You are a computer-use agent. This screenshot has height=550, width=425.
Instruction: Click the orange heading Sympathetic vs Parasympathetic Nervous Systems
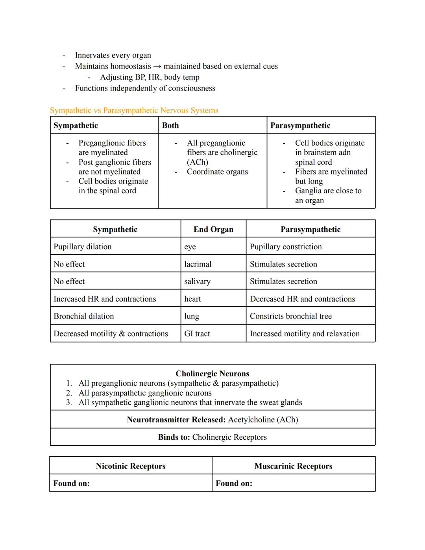pos(134,111)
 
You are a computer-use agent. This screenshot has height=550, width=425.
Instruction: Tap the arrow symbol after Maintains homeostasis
pos(157,67)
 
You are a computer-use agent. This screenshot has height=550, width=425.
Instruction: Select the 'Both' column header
pos(170,126)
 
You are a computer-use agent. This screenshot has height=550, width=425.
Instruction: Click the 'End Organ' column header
pos(213,230)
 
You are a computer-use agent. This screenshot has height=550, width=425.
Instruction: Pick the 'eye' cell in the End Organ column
pos(190,247)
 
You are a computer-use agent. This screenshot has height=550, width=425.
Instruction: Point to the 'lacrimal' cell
pos(198,264)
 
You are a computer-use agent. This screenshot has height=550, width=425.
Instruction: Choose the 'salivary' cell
pos(197,281)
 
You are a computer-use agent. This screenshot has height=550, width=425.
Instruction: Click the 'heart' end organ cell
pos(192,299)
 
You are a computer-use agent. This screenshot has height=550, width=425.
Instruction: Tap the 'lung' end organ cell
pos(192,316)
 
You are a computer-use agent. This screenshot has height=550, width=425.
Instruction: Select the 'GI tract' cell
pos(197,334)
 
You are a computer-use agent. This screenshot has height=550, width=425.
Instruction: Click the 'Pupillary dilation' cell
pos(83,247)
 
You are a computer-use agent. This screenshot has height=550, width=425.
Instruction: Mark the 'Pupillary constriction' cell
pos(286,247)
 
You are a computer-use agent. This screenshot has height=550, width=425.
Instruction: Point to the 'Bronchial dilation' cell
pos(84,316)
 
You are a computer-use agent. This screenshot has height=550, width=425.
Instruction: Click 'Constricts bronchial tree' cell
pos(291,316)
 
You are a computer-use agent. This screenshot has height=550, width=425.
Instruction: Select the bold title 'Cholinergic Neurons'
pos(213,374)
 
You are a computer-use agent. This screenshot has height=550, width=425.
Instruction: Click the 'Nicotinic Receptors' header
pos(131,466)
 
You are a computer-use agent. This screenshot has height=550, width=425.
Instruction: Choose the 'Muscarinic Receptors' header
pos(293,466)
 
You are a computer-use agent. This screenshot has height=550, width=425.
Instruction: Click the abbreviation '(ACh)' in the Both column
pos(198,162)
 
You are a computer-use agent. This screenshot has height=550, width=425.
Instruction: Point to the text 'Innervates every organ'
pos(113,56)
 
